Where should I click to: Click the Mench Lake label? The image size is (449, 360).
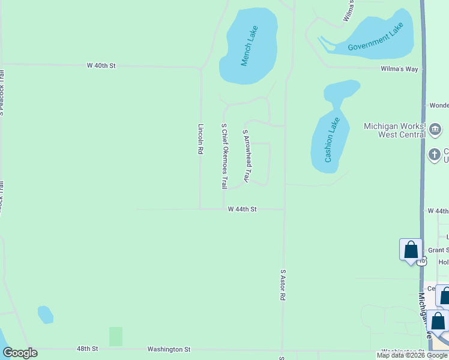pyautogui.click(x=250, y=46)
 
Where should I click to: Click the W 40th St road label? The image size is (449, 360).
pyautogui.click(x=100, y=65)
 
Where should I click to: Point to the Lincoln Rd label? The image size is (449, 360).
pyautogui.click(x=200, y=139)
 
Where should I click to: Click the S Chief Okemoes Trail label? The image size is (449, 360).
pyautogui.click(x=224, y=156)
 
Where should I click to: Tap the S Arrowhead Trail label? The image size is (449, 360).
pyautogui.click(x=246, y=156)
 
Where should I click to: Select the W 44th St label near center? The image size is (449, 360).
pyautogui.click(x=243, y=209)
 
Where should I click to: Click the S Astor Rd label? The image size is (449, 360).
pyautogui.click(x=283, y=289)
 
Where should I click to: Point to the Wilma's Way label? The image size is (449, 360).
pyautogui.click(x=399, y=69)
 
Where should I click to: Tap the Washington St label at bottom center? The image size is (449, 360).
pyautogui.click(x=170, y=349)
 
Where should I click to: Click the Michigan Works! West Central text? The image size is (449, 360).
pyautogui.click(x=394, y=130)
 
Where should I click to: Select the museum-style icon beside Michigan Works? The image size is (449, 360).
pyautogui.click(x=436, y=128)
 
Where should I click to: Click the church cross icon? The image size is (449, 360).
pyautogui.click(x=435, y=155)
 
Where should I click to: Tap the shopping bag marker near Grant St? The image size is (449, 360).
pyautogui.click(x=411, y=249)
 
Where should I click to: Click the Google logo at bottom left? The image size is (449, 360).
pyautogui.click(x=20, y=353)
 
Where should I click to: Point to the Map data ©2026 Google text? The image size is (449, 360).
pyautogui.click(x=412, y=356)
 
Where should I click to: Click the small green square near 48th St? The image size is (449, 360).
pyautogui.click(x=116, y=336)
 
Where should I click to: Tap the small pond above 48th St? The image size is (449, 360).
pyautogui.click(x=45, y=314)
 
